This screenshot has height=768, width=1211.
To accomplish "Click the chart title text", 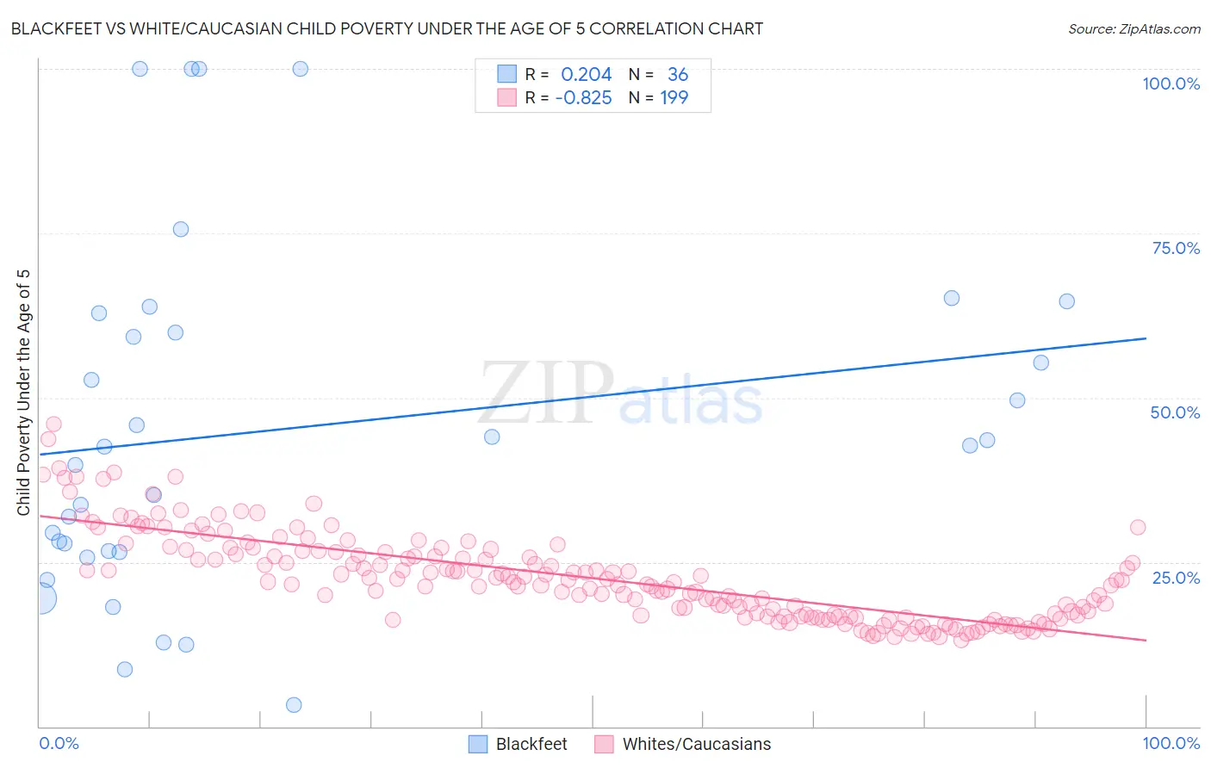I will tap(387, 29).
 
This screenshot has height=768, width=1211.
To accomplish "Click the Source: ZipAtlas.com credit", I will tap(1133, 29).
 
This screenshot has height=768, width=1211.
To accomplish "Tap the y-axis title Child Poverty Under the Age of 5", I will tap(24, 393).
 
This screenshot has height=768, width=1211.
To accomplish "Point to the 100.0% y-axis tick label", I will tap(1171, 84).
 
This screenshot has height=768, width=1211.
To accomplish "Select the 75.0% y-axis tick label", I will tap(1176, 248).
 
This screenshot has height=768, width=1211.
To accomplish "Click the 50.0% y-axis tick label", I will tap(1175, 412).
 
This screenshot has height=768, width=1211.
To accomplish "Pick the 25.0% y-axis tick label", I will tap(1176, 577).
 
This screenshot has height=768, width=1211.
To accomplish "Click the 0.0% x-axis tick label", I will tap(59, 743).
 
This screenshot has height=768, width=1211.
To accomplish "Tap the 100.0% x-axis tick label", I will tap(1171, 743).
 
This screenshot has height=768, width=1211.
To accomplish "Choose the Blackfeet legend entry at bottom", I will tap(518, 744).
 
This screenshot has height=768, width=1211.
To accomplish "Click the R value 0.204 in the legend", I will tap(586, 75).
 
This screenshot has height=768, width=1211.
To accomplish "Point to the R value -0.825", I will tap(583, 98).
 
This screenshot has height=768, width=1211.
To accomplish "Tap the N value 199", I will tap(674, 98).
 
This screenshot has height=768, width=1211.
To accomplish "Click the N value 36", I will tap(678, 75).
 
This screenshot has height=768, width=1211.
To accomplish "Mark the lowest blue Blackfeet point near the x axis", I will tap(294, 705).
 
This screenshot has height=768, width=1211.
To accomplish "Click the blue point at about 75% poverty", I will tap(181, 229).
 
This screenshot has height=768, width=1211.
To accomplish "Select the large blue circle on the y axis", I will tap(40, 598).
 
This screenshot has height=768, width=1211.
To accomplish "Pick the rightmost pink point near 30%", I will tap(1138, 528).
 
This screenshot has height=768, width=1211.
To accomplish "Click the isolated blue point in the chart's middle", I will tap(492, 437).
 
